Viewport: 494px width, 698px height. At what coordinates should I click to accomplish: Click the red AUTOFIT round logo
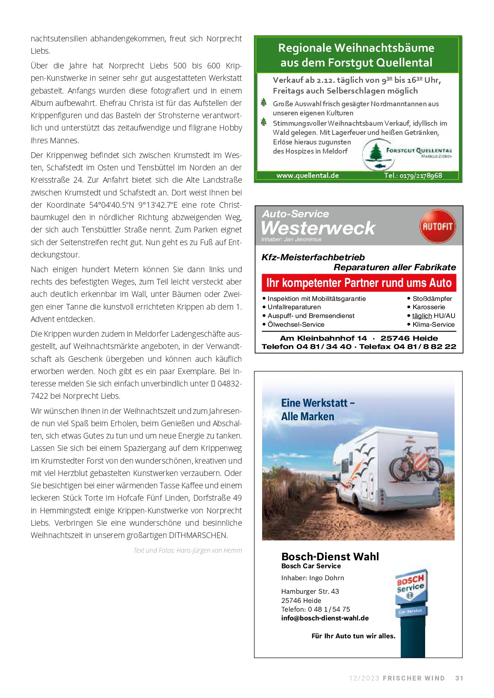coord(437,226)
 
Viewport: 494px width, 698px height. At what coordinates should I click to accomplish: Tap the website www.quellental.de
coord(308,175)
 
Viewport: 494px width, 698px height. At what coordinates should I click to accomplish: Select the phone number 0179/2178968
coord(413,175)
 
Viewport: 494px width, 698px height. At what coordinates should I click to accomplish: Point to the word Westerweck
coord(318,228)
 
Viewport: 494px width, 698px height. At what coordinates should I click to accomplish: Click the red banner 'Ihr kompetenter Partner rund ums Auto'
coord(359,283)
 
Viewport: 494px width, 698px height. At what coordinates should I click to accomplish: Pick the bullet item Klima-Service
coord(433,324)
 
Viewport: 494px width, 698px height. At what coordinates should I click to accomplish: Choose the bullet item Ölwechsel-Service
coord(296,324)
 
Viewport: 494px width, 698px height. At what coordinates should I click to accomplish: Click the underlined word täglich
coord(422,316)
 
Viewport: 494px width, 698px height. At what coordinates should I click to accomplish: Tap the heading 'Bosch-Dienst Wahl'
coord(330,557)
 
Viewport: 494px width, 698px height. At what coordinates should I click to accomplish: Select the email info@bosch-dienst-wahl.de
coord(325,618)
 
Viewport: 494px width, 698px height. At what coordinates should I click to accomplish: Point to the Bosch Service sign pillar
coord(411,611)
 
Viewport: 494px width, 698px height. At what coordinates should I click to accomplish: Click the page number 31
coord(459,678)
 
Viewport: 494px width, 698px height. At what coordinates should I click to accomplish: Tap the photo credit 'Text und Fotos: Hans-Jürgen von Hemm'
coord(188,550)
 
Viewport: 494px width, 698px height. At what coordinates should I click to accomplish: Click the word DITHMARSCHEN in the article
coord(198,535)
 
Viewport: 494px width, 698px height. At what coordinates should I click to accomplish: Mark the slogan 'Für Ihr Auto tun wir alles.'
coord(353,636)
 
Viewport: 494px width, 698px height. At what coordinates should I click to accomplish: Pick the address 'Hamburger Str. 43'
coord(310,591)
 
